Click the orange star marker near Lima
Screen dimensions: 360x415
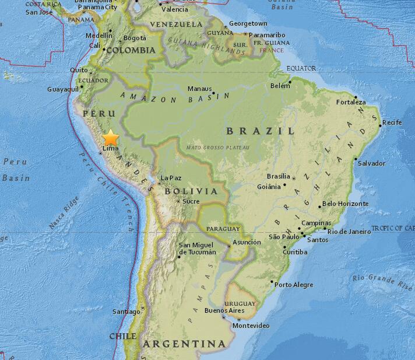[111, 138]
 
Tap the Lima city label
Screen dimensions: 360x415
[110, 149]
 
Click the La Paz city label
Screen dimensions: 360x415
[171, 178]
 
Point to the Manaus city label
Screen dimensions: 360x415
[199, 89]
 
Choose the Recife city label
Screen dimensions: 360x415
[392, 123]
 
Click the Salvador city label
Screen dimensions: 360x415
[371, 163]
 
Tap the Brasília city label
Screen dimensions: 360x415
[278, 176]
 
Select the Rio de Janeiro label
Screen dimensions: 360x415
[349, 232]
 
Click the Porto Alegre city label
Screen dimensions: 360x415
[294, 285]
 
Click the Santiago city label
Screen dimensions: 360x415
[126, 312]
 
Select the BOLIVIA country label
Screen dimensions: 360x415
[191, 191]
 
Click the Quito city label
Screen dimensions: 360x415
[79, 70]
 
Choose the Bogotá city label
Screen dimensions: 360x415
[135, 39]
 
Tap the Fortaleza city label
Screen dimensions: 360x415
[351, 102]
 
